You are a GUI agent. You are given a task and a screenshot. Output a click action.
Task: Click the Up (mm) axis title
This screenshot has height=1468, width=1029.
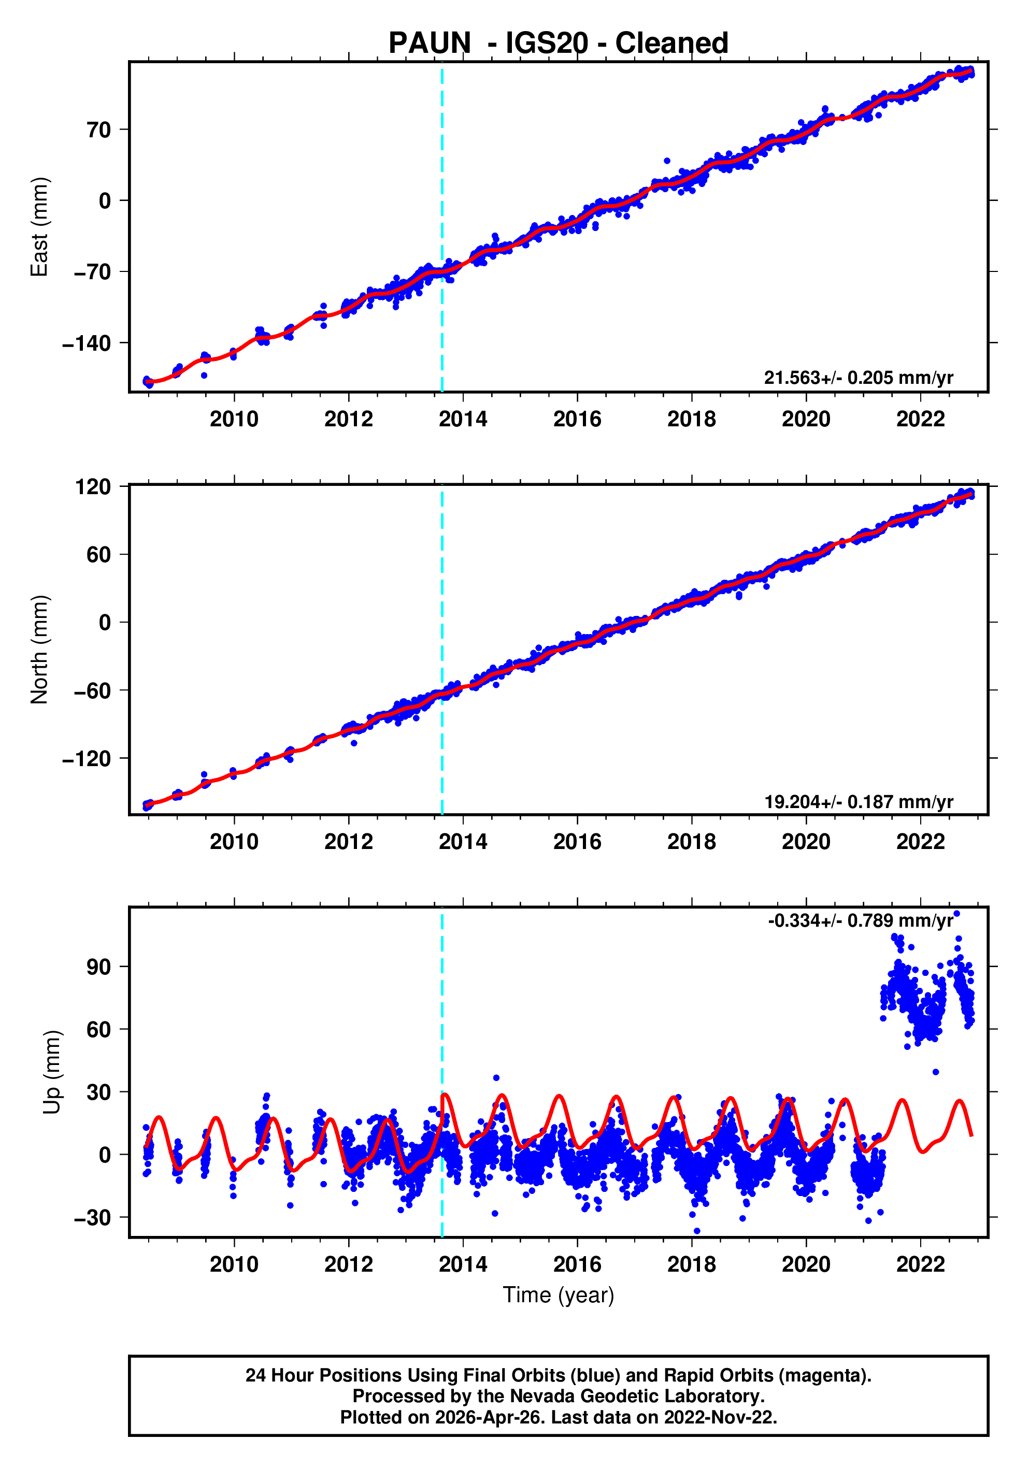52,1072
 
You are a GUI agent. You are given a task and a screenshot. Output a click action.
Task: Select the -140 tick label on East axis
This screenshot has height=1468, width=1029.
87,343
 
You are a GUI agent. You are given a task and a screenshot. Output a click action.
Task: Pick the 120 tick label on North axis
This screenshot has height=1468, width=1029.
93,487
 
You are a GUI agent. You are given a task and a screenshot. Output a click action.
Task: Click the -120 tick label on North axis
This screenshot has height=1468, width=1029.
87,759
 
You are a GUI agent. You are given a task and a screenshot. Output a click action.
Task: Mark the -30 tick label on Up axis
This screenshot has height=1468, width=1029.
93,1218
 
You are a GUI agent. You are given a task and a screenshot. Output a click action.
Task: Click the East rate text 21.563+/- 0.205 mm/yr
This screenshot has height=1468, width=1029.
858,378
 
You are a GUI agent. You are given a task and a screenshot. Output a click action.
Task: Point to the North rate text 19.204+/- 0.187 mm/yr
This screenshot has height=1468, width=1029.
858,801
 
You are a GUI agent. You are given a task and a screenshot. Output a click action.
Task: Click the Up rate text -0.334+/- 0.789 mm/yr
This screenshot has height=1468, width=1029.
860,920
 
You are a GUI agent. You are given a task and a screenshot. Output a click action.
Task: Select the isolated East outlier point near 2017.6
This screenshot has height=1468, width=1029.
666,161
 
